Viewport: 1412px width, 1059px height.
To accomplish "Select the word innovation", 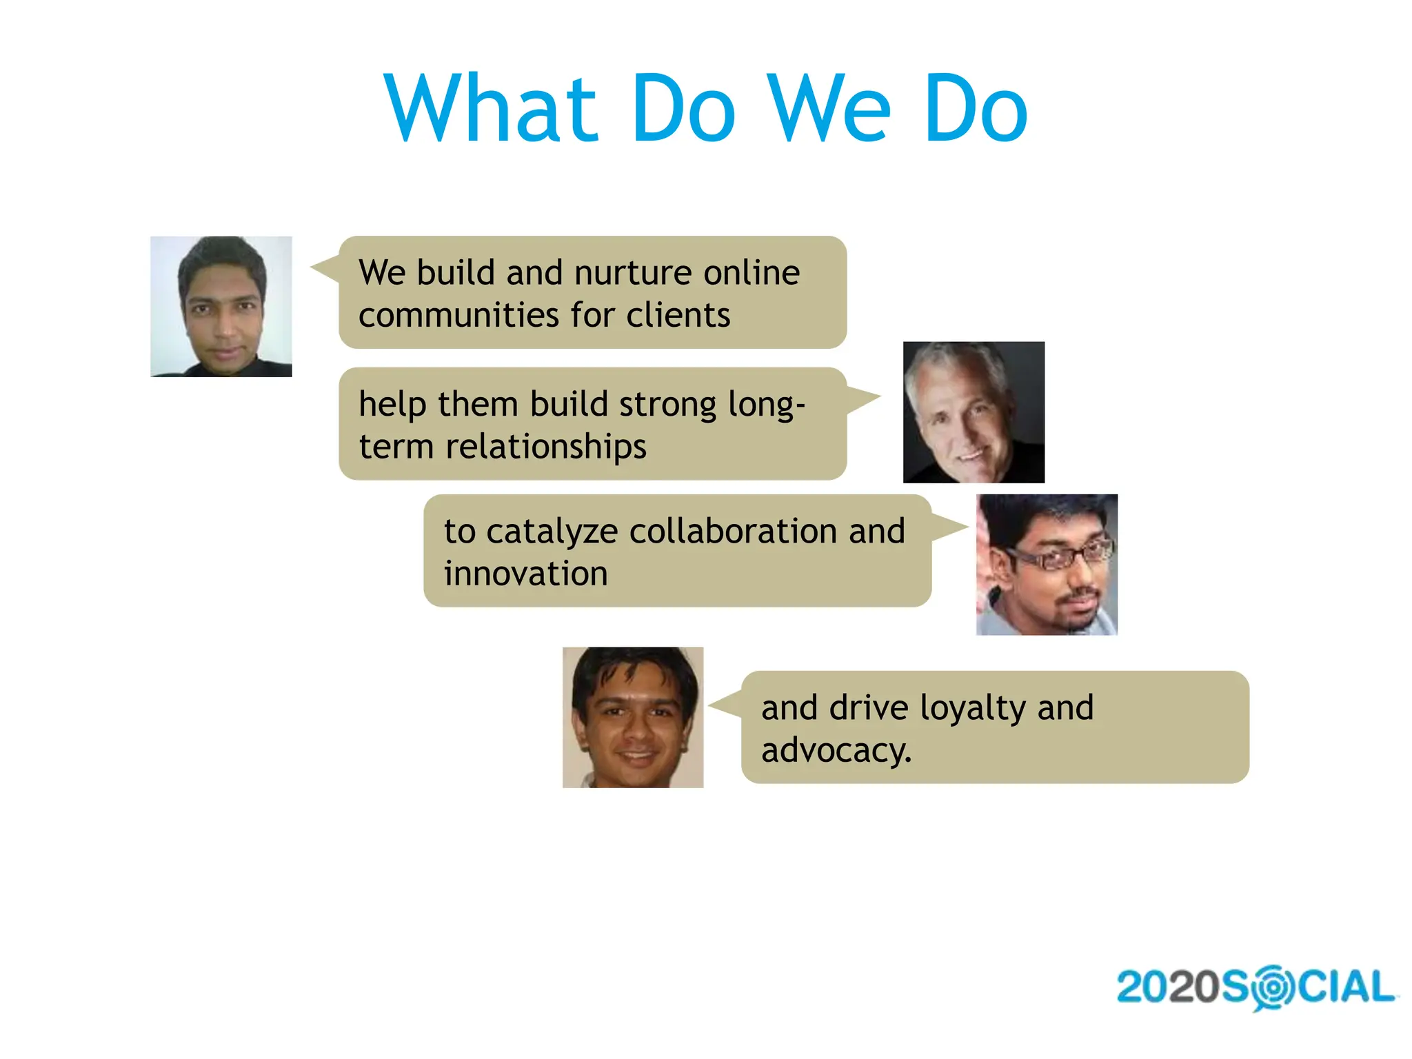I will [x=525, y=574].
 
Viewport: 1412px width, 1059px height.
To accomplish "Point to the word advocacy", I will [x=836, y=751].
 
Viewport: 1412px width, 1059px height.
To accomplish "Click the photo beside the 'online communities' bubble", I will [x=221, y=307].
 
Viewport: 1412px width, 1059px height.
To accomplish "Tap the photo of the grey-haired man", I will [x=974, y=412].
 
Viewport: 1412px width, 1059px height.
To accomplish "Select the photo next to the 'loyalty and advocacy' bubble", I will [x=633, y=717].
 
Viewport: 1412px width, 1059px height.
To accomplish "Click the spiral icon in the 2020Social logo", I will [x=1273, y=987].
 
